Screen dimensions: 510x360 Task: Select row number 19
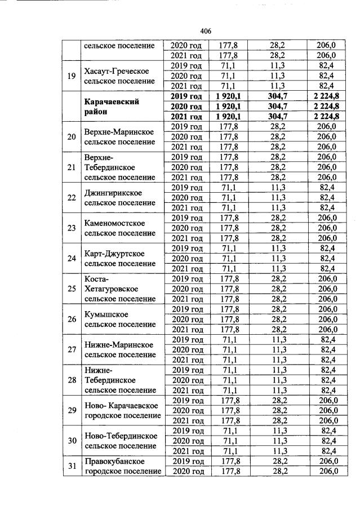[72, 76]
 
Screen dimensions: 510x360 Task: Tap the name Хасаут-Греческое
[116, 71]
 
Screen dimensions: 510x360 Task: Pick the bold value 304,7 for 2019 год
[276, 96]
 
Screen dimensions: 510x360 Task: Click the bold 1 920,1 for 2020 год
[228, 106]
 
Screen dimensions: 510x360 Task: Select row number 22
[72, 198]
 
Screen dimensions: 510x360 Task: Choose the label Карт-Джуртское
[114, 254]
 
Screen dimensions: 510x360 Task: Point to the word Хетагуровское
[112, 289]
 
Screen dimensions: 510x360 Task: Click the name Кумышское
[106, 314]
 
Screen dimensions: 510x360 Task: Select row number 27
[72, 349]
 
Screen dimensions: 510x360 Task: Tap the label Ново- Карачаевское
[121, 406]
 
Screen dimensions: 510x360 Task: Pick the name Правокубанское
[116, 462]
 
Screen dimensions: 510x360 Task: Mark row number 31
[72, 466]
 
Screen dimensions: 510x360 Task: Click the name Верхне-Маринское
[119, 132]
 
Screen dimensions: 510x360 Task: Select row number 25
[72, 289]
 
